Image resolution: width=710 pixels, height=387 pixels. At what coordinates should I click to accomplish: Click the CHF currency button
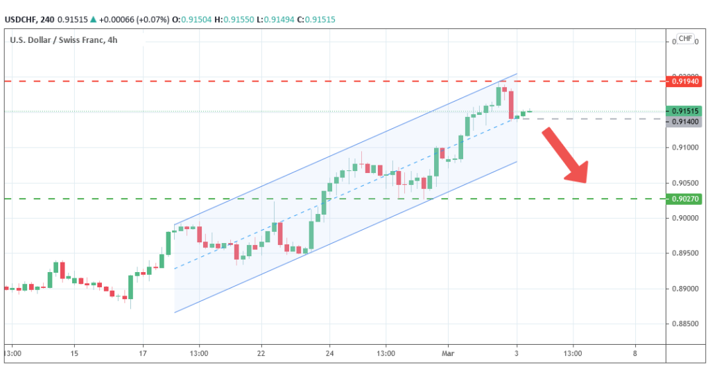click(685, 39)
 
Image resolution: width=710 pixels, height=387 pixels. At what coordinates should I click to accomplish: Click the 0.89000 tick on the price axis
click(683, 289)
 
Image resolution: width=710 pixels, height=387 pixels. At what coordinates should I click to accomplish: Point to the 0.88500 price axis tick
click(683, 324)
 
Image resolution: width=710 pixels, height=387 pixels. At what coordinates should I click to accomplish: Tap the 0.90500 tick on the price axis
click(683, 183)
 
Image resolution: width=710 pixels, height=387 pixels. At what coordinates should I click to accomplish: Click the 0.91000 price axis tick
click(683, 147)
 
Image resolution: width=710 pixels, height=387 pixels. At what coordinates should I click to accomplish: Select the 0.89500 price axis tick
click(683, 253)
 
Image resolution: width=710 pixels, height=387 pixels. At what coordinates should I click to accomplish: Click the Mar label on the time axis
click(448, 353)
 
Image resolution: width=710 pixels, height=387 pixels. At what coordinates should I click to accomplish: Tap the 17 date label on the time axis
click(143, 353)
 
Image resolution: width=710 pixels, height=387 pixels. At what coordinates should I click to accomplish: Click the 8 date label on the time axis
click(634, 353)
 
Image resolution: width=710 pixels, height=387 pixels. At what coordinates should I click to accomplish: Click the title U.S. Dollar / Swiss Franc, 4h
click(63, 39)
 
